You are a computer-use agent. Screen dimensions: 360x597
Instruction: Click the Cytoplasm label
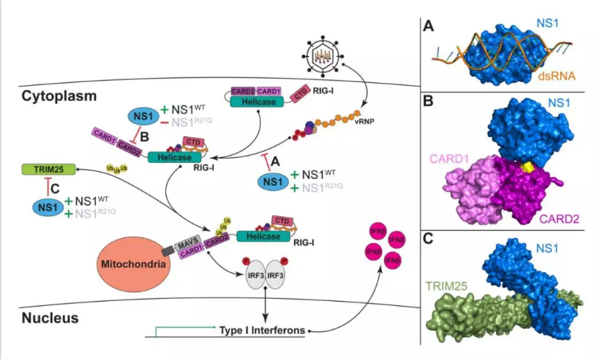(58, 95)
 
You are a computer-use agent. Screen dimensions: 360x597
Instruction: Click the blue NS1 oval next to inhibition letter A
(269, 182)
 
